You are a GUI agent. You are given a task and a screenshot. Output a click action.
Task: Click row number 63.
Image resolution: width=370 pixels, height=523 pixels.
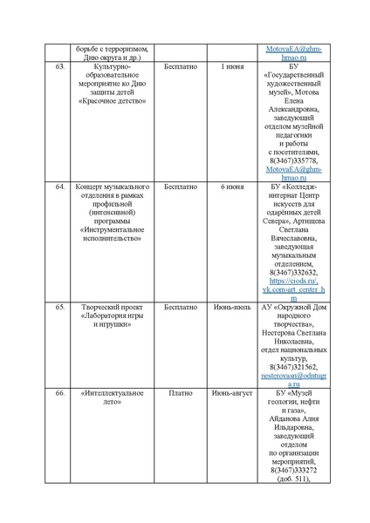[x=60, y=66]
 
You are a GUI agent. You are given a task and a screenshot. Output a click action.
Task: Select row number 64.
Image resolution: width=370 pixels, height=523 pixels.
[x=60, y=187]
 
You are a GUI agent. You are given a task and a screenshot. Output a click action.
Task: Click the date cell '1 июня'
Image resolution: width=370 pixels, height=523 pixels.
[x=232, y=66]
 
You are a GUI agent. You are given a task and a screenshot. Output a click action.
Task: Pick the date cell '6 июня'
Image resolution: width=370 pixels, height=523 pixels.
[x=232, y=187]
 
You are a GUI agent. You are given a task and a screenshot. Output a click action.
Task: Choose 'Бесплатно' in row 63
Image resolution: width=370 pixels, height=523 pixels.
[x=181, y=66]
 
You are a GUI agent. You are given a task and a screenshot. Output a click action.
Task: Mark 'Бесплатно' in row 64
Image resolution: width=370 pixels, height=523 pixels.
[x=181, y=187]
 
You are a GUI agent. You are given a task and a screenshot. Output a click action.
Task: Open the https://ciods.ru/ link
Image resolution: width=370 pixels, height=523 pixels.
[x=292, y=282]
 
